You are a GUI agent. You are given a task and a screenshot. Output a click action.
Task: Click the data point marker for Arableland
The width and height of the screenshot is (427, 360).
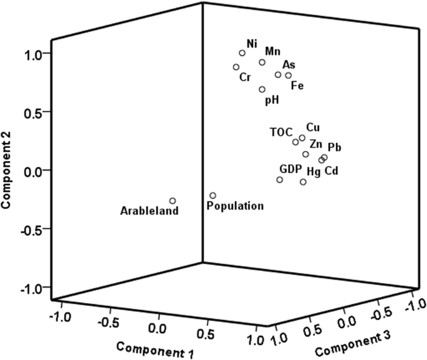point(173,201)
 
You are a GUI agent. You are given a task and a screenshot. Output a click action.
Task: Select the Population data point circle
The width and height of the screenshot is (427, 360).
point(213,195)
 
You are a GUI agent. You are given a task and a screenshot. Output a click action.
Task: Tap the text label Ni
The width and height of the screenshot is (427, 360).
point(252,43)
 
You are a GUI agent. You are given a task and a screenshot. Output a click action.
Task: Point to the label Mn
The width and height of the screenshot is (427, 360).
point(272,51)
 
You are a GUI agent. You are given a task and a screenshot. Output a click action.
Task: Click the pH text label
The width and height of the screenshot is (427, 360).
point(272,99)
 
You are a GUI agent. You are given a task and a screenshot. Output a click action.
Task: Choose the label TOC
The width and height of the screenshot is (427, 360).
point(281,132)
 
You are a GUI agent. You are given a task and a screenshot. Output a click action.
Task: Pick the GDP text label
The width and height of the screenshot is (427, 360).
point(290,169)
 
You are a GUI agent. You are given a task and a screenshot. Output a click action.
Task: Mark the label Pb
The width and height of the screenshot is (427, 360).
point(334,147)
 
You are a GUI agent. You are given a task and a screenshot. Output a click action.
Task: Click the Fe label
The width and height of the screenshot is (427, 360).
point(297,85)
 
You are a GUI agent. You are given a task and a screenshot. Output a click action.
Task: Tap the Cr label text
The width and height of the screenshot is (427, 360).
point(244,78)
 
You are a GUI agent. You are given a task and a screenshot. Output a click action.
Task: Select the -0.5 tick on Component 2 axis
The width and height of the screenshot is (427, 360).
point(32,229)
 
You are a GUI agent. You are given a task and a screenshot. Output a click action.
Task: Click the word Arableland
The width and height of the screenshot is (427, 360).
point(150,211)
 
